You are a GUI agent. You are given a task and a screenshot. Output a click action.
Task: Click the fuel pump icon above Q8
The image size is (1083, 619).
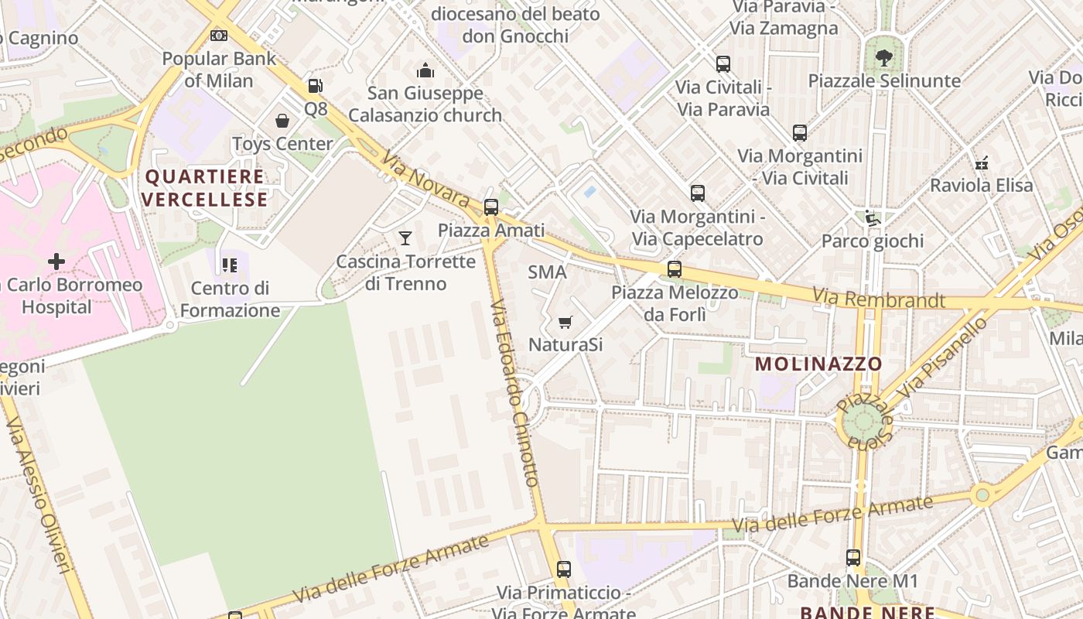[314, 86]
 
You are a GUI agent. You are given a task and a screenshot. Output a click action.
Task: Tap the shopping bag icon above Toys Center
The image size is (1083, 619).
[282, 121]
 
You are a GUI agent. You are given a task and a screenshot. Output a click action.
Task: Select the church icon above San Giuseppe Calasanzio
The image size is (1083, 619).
[425, 71]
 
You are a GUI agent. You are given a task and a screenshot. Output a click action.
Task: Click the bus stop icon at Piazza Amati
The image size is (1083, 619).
[490, 207]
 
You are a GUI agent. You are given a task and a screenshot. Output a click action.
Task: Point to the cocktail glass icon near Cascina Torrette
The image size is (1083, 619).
[405, 238]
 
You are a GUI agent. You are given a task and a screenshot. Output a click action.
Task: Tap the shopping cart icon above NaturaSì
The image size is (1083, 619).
[565, 322]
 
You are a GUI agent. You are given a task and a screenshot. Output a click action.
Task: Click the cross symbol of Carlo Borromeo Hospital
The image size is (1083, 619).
[56, 262]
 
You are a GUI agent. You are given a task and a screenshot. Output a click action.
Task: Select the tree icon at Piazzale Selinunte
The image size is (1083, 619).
[883, 56]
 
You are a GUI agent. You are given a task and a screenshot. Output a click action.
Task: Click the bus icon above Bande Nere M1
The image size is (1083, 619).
[852, 557]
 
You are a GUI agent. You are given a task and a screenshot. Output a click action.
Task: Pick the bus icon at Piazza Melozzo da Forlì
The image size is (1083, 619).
[675, 269]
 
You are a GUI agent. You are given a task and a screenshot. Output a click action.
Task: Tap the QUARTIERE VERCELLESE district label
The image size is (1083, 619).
[205, 188]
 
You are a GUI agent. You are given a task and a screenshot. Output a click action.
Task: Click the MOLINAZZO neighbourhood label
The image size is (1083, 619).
[818, 364]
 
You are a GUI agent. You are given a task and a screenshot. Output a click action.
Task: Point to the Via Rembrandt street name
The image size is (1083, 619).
[879, 299]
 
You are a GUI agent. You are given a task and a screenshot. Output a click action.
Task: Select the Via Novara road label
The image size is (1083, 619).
[425, 177]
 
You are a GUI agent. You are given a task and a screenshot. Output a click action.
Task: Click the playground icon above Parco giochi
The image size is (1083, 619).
[873, 218]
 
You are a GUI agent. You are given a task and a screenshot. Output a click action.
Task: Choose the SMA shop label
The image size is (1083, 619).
[547, 272]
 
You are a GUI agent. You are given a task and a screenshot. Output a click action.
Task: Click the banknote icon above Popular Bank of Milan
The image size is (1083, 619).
[219, 36]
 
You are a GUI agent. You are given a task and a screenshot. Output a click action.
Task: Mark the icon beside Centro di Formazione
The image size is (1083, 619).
[230, 265]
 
